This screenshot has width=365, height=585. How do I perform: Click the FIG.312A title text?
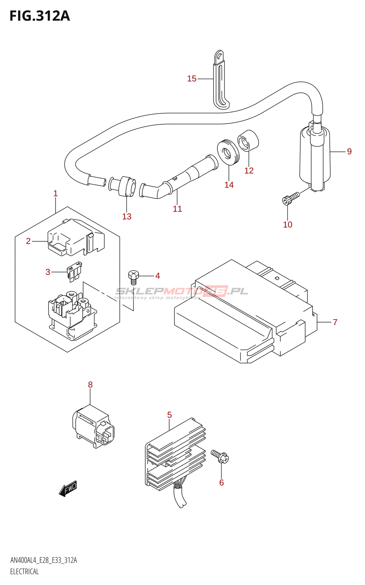point(39,16)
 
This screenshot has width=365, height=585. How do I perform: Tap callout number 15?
point(192,79)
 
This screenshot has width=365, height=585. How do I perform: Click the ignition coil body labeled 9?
point(315,157)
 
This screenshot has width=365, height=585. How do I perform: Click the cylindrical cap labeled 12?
point(248,140)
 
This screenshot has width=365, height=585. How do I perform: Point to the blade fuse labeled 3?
point(74,272)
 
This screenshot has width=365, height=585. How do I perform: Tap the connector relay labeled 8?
point(93,426)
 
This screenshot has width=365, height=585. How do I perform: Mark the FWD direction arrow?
point(68,488)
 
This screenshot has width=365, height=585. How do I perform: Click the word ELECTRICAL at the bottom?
point(24,572)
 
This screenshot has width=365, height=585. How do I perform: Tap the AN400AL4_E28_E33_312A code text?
point(43,561)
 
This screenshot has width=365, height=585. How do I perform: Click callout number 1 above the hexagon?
point(55,193)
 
